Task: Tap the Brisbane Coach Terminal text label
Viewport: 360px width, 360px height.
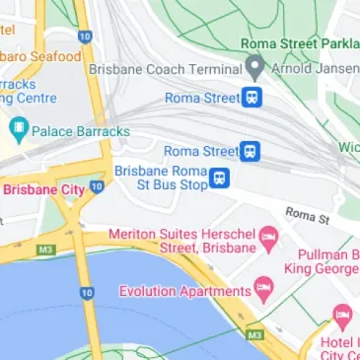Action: tap(165, 70)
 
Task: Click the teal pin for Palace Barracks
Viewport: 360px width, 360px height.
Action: tap(17, 129)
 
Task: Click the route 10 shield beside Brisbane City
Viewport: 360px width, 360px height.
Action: tap(97, 185)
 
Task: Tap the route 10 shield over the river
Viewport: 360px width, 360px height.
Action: tap(87, 293)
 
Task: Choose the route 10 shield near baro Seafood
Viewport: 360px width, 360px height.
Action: tap(85, 36)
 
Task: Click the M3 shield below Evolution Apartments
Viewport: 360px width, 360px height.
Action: tap(254, 335)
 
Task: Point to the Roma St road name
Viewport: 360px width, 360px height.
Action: tap(307, 214)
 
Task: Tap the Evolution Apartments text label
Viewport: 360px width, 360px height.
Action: tap(184, 291)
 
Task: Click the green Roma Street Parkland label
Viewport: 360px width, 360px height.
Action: tap(300, 43)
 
